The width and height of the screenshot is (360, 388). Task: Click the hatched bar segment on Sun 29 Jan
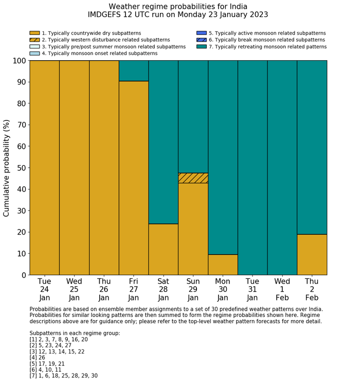(x=193, y=178)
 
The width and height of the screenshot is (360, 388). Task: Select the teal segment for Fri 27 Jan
(x=134, y=70)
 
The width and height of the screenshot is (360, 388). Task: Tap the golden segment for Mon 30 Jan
(x=223, y=264)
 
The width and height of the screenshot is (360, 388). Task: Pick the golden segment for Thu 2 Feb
(x=312, y=254)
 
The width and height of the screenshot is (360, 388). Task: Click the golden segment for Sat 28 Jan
(x=164, y=249)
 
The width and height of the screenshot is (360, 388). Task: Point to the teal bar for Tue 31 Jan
(x=253, y=167)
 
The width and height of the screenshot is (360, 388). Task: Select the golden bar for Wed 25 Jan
(x=74, y=167)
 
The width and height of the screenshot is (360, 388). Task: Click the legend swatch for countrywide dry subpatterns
(x=34, y=33)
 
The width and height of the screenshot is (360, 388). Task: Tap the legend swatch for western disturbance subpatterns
(x=34, y=40)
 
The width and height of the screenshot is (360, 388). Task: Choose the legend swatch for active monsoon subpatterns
(x=201, y=33)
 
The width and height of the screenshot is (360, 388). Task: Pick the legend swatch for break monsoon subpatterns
(x=201, y=40)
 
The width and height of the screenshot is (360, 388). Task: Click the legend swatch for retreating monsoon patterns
(x=201, y=46)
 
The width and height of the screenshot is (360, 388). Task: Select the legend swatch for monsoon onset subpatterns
(x=34, y=53)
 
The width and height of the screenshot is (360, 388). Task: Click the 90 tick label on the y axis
(x=21, y=82)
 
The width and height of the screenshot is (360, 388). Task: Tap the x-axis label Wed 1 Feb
(x=282, y=289)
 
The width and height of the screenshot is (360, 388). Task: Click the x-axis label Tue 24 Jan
(x=44, y=289)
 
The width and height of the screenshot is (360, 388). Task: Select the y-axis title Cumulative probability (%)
(x=7, y=168)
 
